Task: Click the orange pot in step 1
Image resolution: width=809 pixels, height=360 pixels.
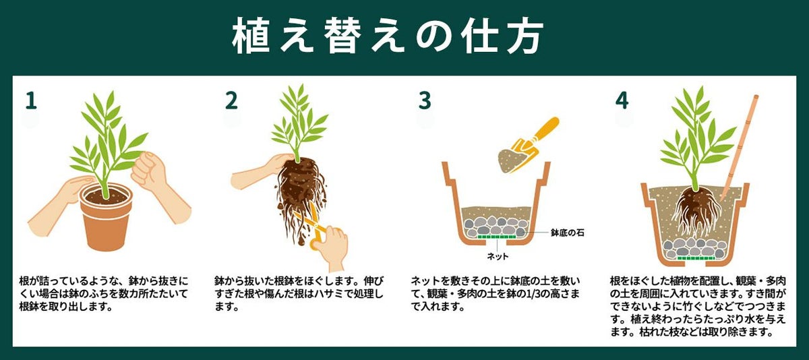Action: pyautogui.click(x=106, y=222)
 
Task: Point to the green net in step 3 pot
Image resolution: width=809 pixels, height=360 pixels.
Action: pyautogui.click(x=497, y=237)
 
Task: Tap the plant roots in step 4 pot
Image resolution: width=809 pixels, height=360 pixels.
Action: pyautogui.click(x=694, y=216)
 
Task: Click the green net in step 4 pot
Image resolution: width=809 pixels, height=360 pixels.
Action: pyautogui.click(x=696, y=258)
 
